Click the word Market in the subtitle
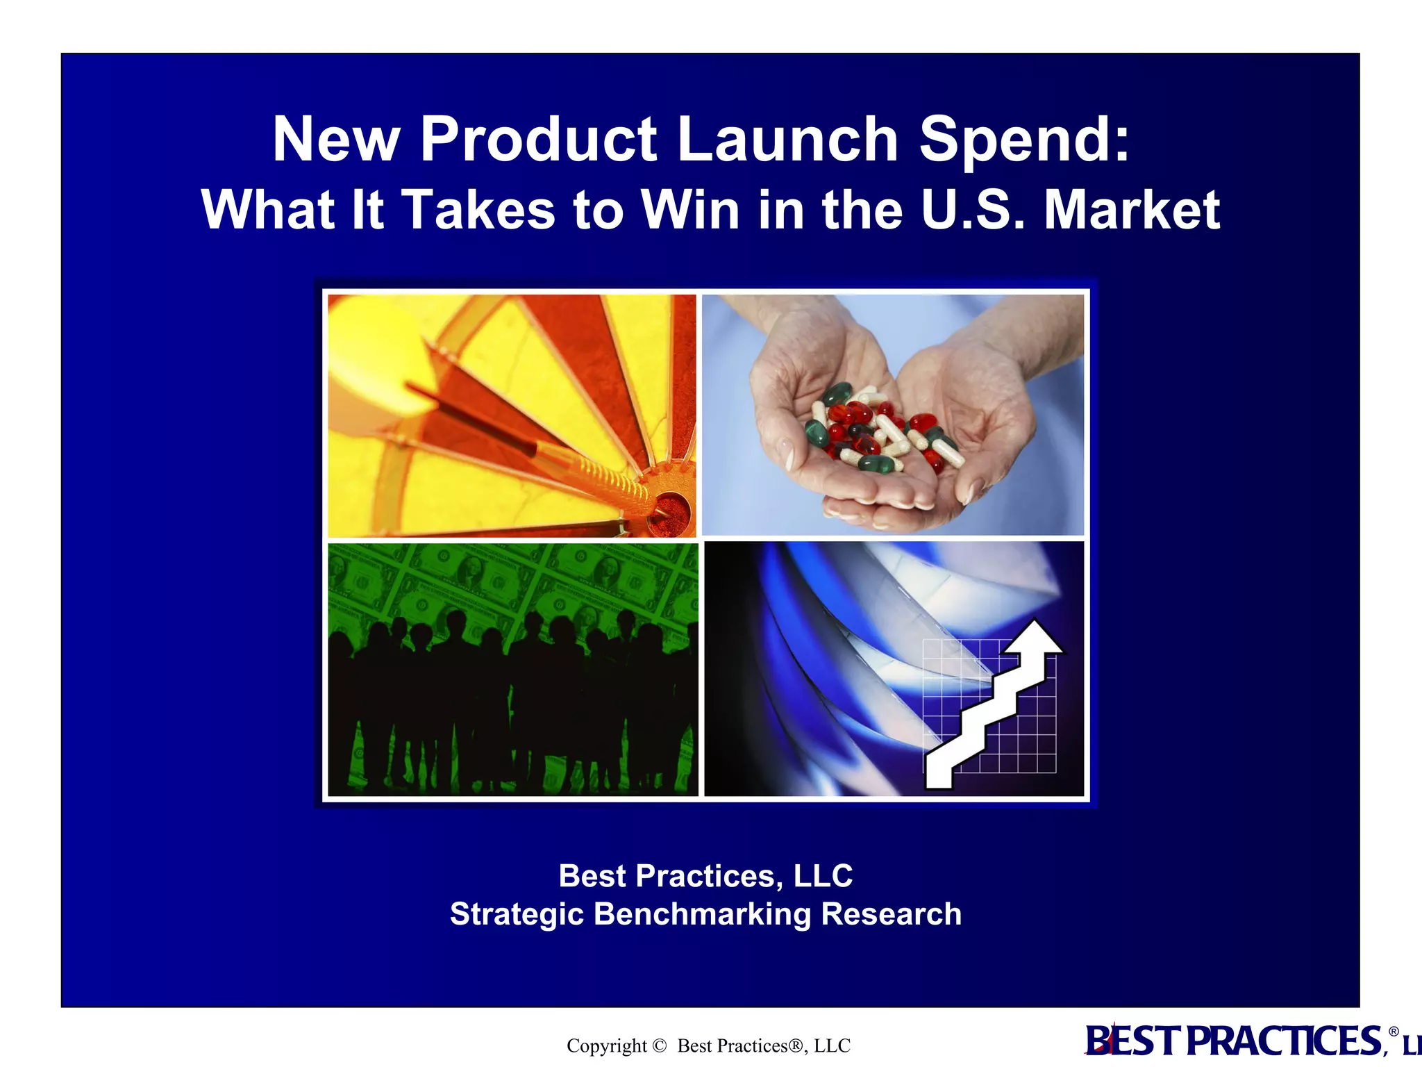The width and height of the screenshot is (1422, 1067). (x=1132, y=210)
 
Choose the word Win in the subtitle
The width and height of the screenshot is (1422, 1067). (x=690, y=210)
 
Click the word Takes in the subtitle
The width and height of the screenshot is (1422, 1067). (x=478, y=210)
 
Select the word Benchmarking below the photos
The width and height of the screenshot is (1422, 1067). (x=702, y=914)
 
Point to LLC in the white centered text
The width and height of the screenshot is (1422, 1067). (x=823, y=876)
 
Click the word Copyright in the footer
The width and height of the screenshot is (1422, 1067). (x=606, y=1045)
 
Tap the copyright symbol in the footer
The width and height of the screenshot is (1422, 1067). (x=660, y=1045)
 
